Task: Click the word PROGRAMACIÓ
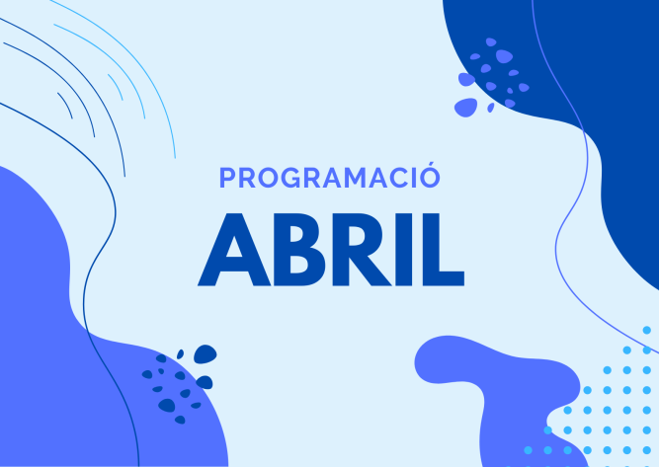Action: (330, 177)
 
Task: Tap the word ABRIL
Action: (331, 250)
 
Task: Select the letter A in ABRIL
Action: (234, 250)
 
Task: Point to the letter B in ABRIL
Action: (299, 250)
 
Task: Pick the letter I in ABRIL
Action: (404, 250)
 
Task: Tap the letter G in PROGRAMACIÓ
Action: (290, 178)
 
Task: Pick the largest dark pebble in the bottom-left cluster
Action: (206, 354)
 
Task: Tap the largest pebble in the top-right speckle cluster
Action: (466, 107)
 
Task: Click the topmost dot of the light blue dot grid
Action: (647, 330)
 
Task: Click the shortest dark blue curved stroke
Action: (66, 104)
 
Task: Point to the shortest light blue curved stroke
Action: (117, 86)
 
